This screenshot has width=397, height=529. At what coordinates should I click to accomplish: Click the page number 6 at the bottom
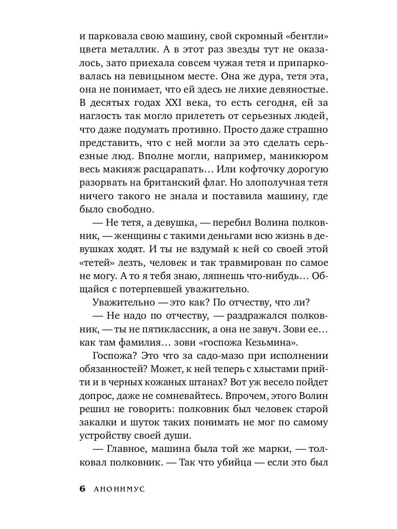click(x=82, y=489)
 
